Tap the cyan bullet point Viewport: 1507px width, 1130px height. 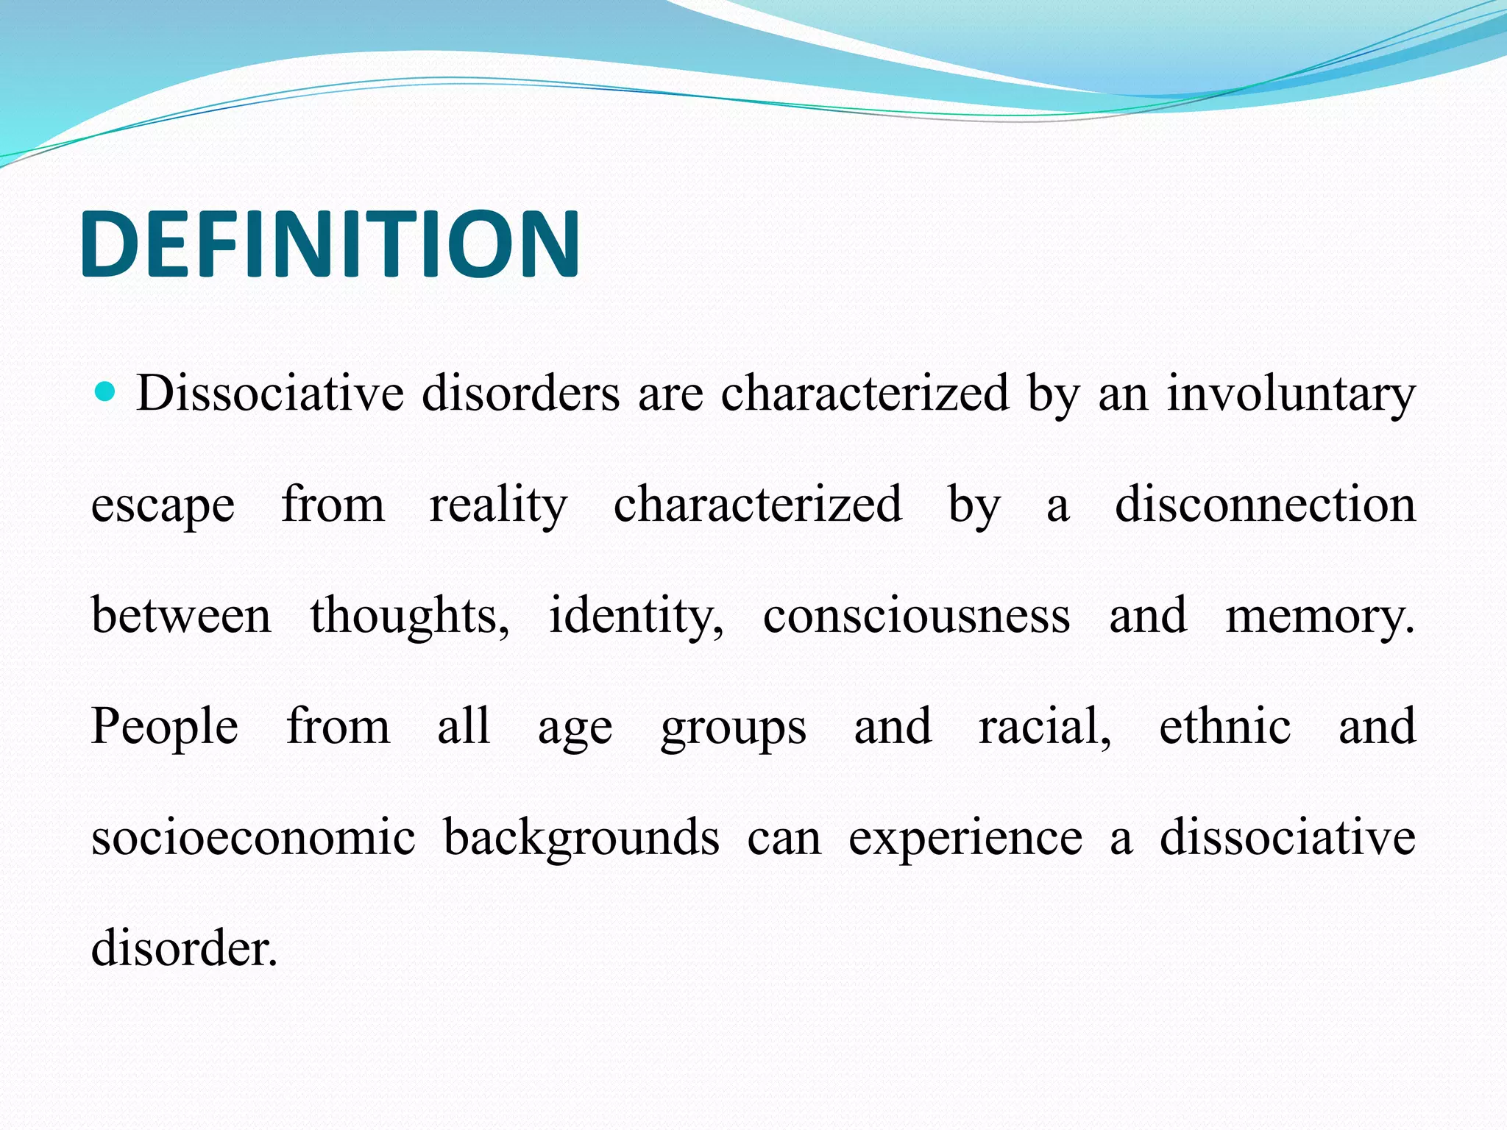click(106, 391)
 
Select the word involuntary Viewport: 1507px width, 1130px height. click(1291, 394)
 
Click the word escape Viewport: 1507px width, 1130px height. click(163, 506)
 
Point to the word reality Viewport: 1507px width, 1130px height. click(498, 506)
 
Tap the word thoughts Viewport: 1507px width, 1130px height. click(408, 616)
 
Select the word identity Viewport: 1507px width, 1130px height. click(636, 616)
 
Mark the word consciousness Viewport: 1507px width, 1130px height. click(916, 616)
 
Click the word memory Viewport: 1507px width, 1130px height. click(1319, 616)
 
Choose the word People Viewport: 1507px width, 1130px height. click(164, 727)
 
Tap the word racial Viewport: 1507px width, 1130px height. click(1044, 727)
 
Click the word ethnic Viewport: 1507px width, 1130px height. click(1224, 727)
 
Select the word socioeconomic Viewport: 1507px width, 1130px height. click(253, 838)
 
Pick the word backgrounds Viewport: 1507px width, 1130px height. click(581, 839)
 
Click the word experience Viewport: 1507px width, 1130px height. click(965, 839)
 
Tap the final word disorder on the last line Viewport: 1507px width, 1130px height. click(184, 948)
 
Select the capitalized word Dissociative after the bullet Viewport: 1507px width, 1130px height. click(269, 394)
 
